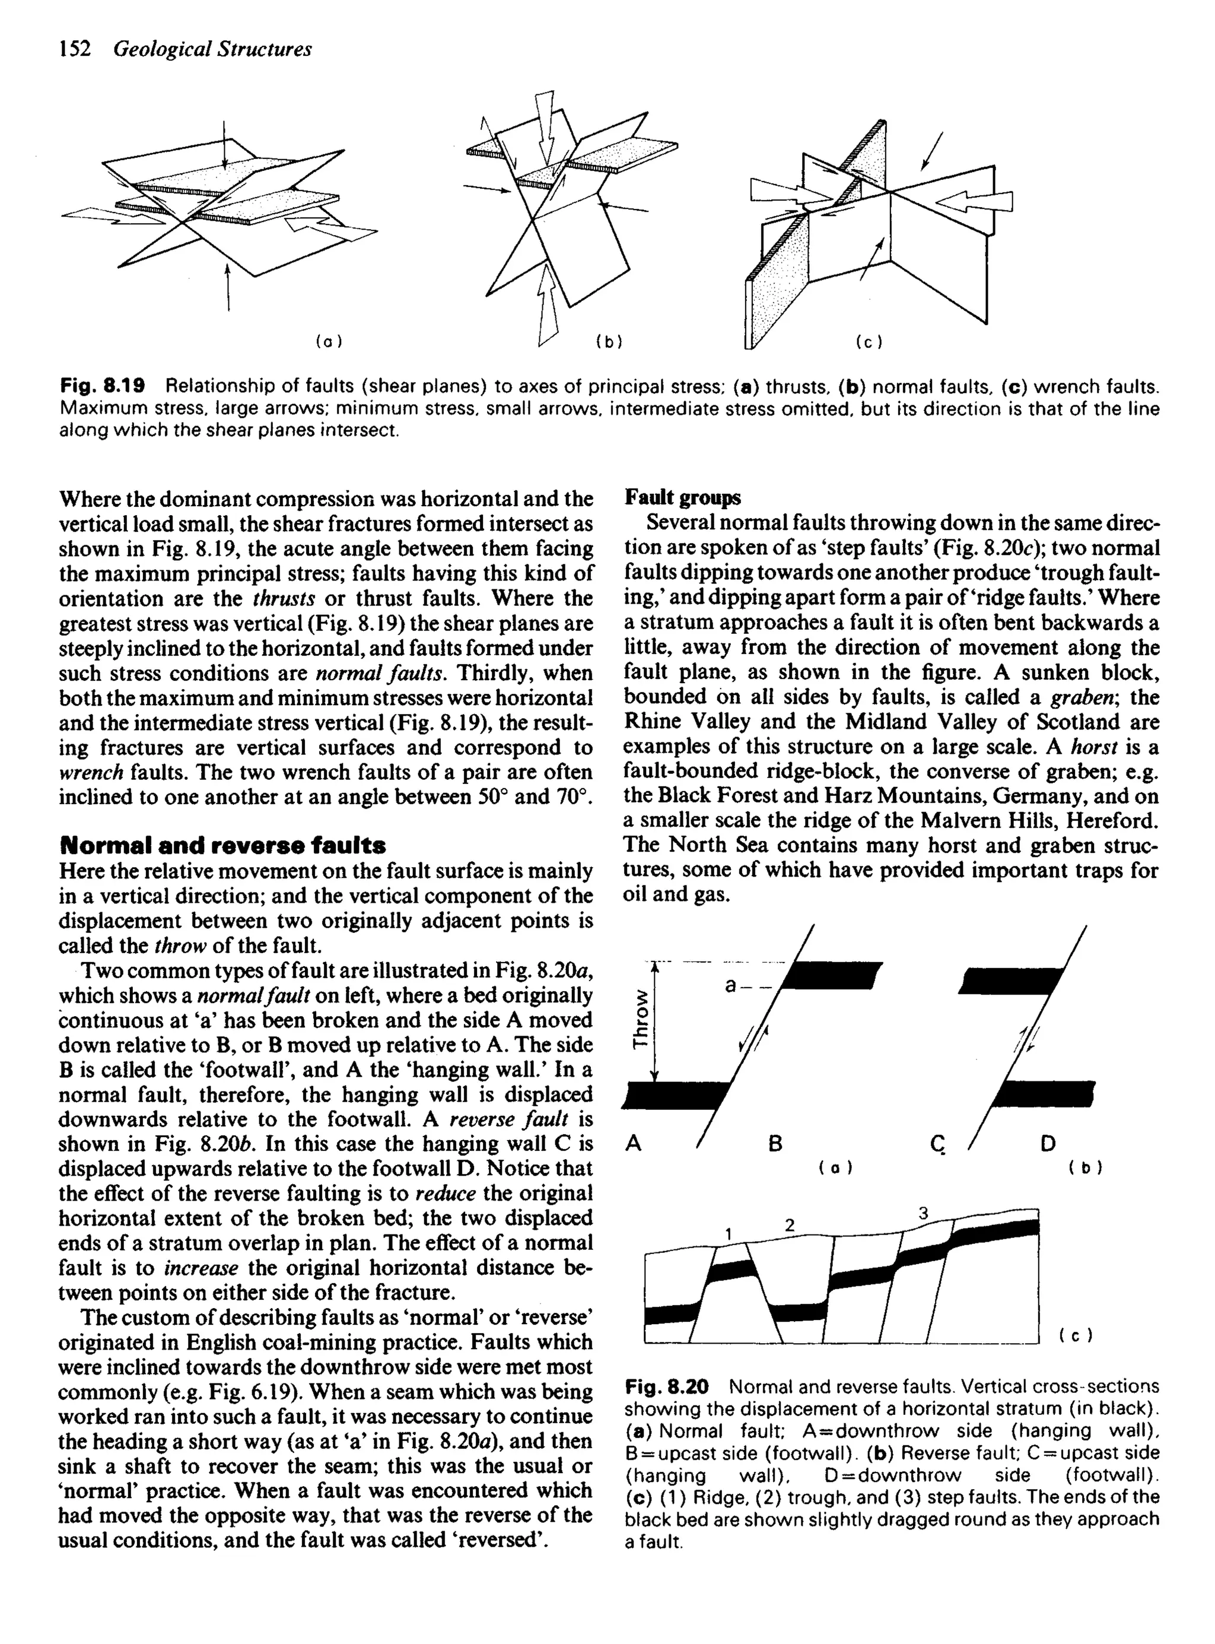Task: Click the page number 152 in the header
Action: (74, 49)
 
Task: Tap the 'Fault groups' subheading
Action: (682, 498)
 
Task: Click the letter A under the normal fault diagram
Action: (633, 1143)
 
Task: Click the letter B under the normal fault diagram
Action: (774, 1143)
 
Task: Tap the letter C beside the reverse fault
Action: (936, 1143)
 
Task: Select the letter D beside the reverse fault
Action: (1049, 1143)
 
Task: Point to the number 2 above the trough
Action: (790, 1226)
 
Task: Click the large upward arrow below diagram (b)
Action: (548, 301)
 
